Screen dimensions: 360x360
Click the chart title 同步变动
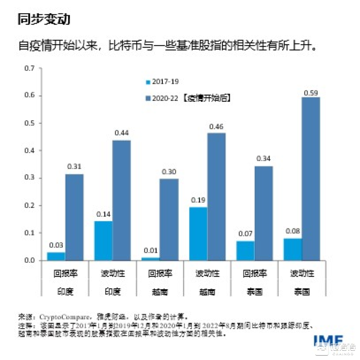43,19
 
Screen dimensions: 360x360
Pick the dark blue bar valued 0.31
74,217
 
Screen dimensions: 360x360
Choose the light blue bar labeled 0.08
292,249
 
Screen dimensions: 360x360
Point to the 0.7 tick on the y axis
30,68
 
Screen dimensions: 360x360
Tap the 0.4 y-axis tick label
30,150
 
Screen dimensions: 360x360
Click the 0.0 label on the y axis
30,260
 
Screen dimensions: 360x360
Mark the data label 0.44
122,133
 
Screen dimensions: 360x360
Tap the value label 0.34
264,158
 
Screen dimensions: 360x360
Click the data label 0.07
245,233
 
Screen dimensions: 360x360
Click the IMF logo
328,340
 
